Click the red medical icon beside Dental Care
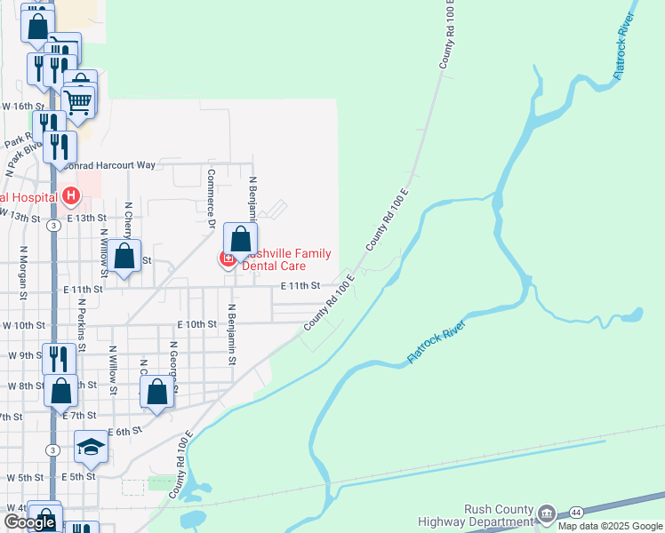tap(228, 259)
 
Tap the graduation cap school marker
tap(91, 446)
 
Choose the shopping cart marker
tap(79, 102)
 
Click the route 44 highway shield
tap(577, 513)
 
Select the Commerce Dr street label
tap(212, 198)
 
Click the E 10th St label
tap(197, 325)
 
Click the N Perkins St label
tap(81, 324)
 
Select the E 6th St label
tap(124, 431)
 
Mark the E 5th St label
tap(78, 477)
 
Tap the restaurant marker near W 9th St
tap(58, 358)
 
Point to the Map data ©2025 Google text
tap(611, 526)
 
